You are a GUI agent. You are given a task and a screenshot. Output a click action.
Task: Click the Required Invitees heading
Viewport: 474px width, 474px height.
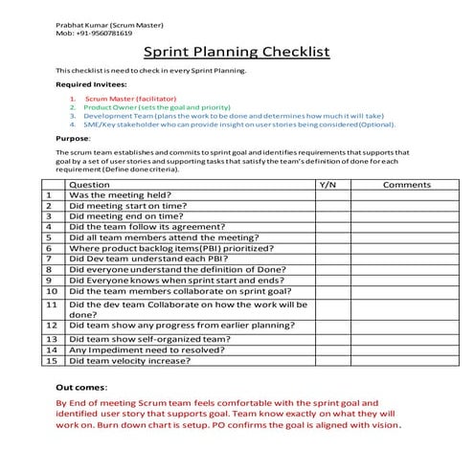tap(91, 84)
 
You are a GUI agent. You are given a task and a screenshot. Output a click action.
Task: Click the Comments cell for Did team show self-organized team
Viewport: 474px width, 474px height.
tap(407, 339)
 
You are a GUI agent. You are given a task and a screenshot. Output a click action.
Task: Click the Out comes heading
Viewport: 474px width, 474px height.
tap(80, 386)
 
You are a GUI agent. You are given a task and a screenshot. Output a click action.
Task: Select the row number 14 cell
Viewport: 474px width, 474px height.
tap(52, 350)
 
